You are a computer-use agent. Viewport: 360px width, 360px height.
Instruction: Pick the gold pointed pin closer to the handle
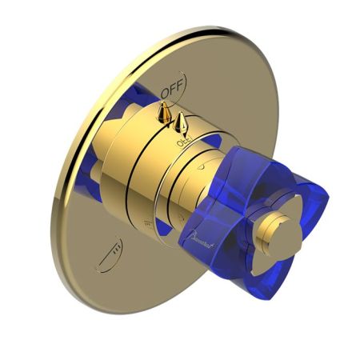[183, 123]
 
